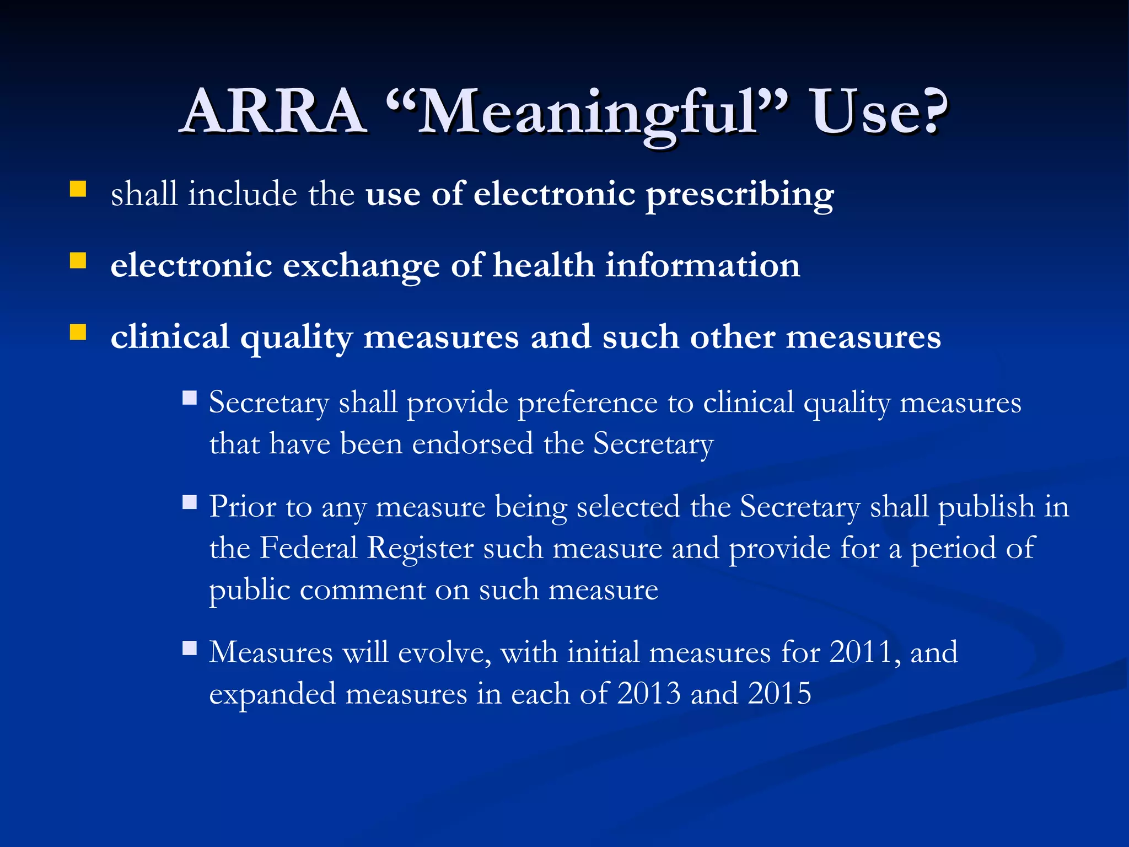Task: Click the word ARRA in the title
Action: point(274,112)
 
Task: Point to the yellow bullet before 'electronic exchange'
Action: point(78,260)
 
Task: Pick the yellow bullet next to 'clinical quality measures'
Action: point(78,332)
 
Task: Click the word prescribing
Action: point(740,196)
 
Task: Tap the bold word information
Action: point(702,265)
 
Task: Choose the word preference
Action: point(587,403)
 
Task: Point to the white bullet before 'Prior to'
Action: point(190,502)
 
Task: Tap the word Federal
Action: point(309,548)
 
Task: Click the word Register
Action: point(421,549)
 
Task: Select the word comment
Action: point(362,590)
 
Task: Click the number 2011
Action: point(861,652)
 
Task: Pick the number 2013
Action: point(649,694)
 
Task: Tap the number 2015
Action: point(779,694)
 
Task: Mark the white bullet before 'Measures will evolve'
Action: point(190,647)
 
